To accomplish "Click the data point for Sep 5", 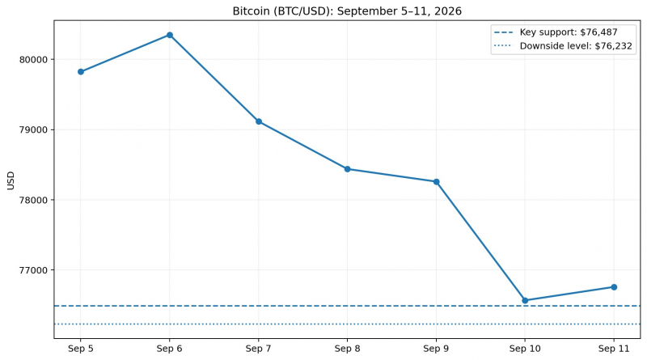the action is tap(81, 72).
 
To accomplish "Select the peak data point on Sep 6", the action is tap(170, 35).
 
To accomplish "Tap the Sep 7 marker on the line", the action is tap(259, 121).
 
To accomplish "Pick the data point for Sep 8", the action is tap(348, 169).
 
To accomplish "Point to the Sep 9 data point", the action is tap(437, 182).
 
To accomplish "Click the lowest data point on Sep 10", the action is tap(525, 301).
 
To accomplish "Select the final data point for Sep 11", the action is tap(614, 287).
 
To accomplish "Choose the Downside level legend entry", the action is tap(563, 46).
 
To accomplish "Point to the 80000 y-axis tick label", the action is tap(33, 59).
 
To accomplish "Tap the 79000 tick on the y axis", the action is tap(33, 129).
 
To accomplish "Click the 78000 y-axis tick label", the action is tap(33, 200).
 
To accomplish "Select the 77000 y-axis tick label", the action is tap(33, 270).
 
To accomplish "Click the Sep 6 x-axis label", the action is tap(170, 349).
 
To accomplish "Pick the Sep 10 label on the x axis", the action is tap(525, 349).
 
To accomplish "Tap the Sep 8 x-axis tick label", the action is tap(348, 349).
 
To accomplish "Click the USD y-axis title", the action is tap(11, 181).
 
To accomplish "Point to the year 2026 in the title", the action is tap(447, 11).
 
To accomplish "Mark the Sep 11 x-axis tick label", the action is tap(614, 349).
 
